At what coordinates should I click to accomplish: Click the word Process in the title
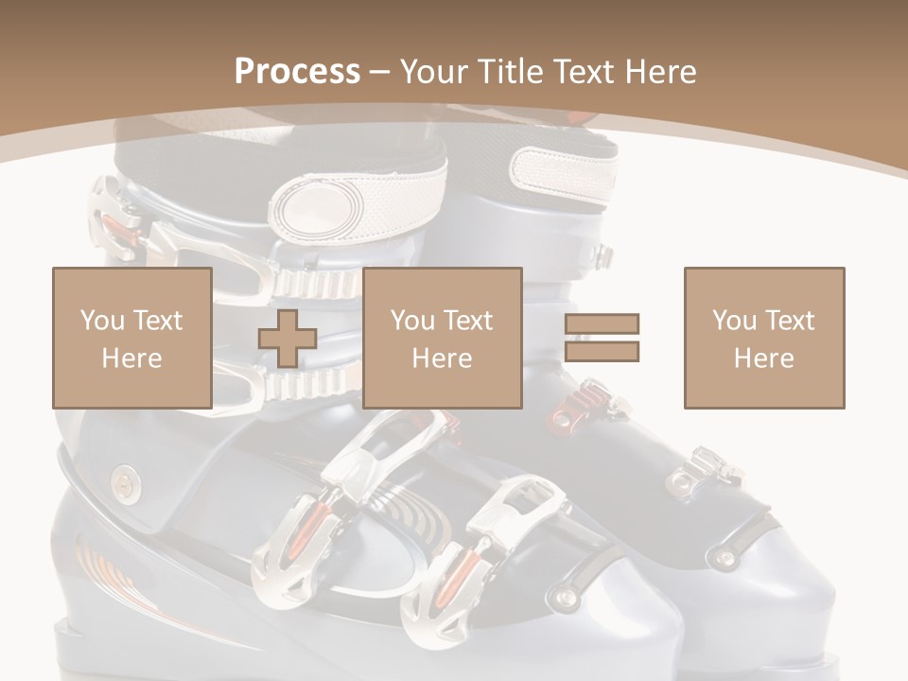(297, 71)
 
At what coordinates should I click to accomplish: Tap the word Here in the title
(658, 71)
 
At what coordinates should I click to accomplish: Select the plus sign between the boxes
(288, 339)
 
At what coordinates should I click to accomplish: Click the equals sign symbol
(602, 339)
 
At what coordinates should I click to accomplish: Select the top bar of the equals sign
(602, 325)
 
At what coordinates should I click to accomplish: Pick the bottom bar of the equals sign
(602, 352)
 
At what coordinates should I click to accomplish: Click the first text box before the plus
(131, 339)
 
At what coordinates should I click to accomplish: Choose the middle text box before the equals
(442, 339)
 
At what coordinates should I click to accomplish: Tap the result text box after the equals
(763, 339)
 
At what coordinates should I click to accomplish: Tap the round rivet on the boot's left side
(123, 483)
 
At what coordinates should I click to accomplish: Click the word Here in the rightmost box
(763, 358)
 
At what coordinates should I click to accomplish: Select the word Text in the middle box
(467, 321)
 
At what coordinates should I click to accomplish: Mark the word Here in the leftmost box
(131, 358)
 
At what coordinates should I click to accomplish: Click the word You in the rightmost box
(735, 321)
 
